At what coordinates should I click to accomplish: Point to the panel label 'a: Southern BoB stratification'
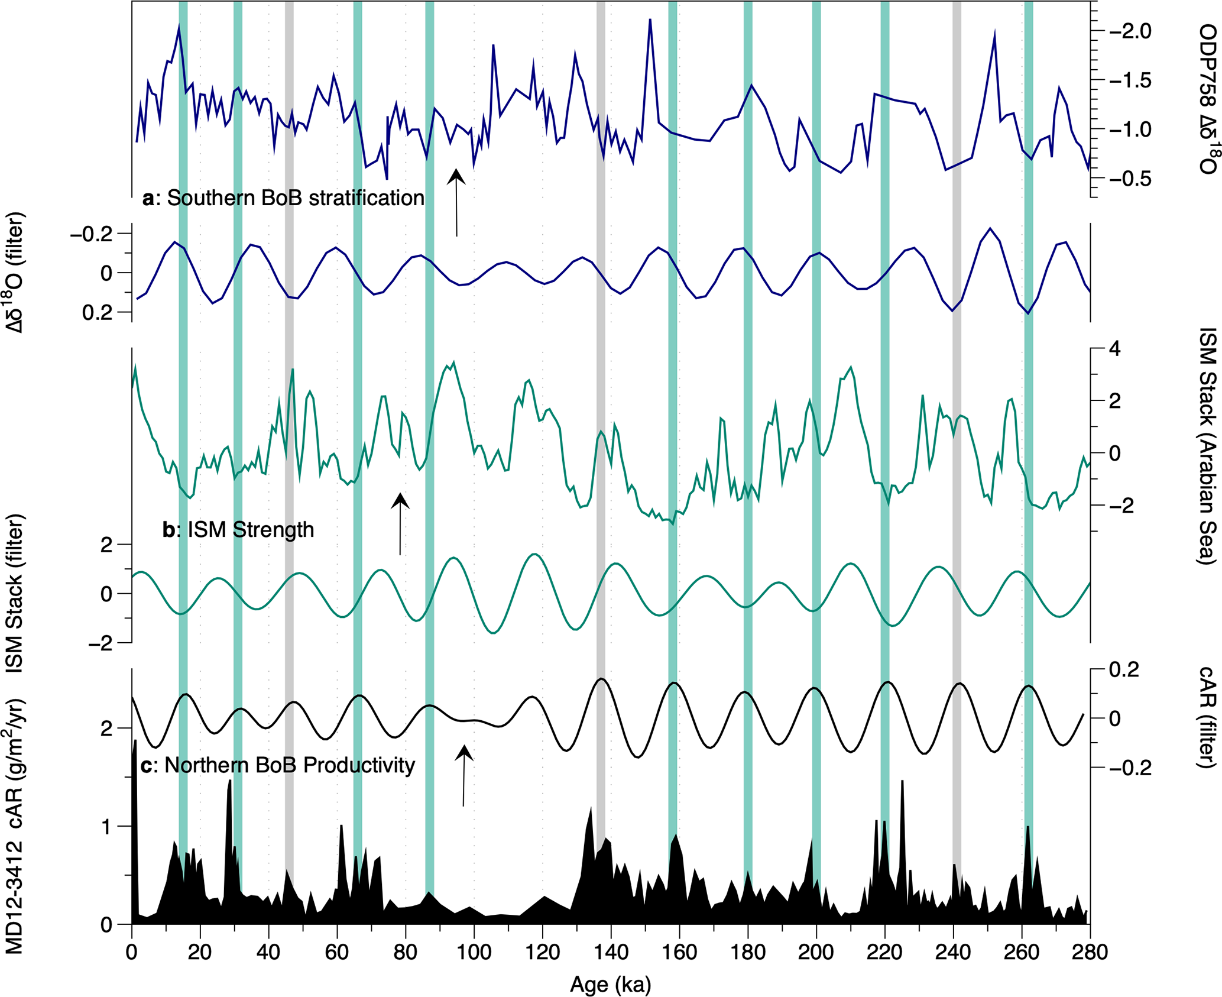click(x=284, y=198)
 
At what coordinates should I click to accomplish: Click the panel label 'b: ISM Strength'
click(x=238, y=529)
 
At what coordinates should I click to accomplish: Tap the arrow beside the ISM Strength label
click(x=400, y=523)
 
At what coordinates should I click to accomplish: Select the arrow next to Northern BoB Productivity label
click(x=464, y=775)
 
